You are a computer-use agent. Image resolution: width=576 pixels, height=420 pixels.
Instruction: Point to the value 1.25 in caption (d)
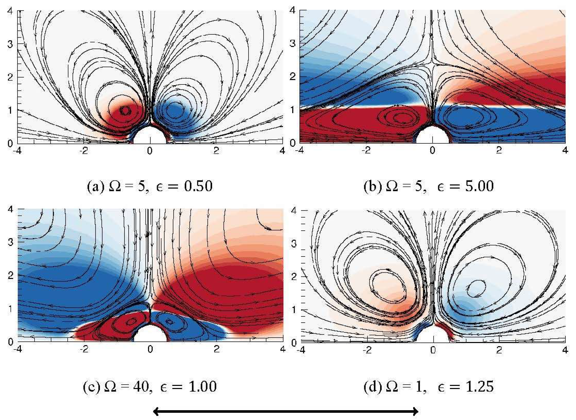click(479, 386)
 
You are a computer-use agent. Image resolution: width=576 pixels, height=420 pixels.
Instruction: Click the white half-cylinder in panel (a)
click(150, 136)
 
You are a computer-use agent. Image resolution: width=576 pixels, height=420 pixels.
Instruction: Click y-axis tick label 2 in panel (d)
click(294, 277)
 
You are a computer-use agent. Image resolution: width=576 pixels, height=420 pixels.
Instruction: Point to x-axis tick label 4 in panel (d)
click(565, 350)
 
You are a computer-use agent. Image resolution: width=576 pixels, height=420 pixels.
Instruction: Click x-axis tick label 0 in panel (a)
click(150, 151)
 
